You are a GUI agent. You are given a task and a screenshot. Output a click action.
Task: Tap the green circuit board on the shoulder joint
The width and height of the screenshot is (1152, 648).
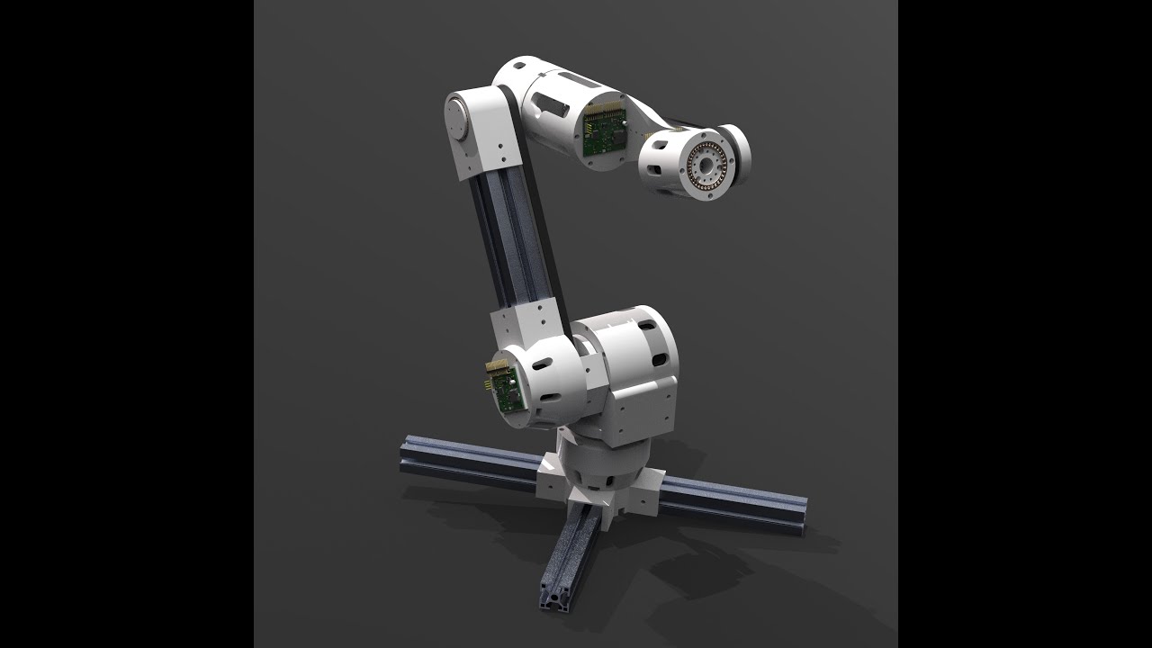click(504, 388)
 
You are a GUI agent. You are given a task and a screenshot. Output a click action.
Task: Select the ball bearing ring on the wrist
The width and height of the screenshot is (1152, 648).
click(706, 164)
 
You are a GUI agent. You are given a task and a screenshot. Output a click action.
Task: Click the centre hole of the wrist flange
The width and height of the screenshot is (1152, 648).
click(706, 165)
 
